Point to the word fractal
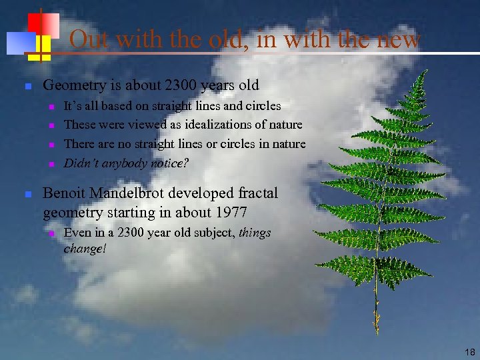pyautogui.click(x=257, y=194)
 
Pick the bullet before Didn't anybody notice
pyautogui.click(x=51, y=164)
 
